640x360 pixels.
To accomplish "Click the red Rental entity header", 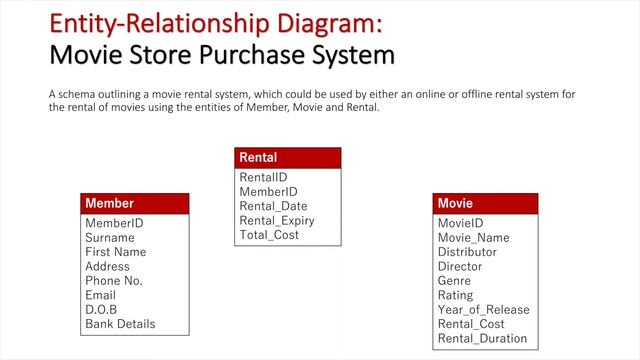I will pyautogui.click(x=287, y=158).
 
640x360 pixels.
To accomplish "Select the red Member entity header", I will pyautogui.click(x=134, y=204).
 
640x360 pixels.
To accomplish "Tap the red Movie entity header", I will pyautogui.click(x=485, y=204).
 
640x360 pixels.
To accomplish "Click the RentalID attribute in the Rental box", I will pyautogui.click(x=263, y=177).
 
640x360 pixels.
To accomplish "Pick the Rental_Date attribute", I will pyautogui.click(x=272, y=206).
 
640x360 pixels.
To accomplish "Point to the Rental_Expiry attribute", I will pyautogui.click(x=277, y=221).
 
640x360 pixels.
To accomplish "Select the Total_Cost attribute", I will pyautogui.click(x=269, y=235).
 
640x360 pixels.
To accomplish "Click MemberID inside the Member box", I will pyautogui.click(x=114, y=223).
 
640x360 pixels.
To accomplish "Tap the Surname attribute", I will pyautogui.click(x=109, y=238).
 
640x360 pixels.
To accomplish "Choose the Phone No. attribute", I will pyautogui.click(x=115, y=281).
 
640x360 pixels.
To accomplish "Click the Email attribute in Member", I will pyautogui.click(x=100, y=295).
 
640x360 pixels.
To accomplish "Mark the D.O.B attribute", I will pyautogui.click(x=101, y=310).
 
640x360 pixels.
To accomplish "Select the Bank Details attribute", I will pyautogui.click(x=120, y=324).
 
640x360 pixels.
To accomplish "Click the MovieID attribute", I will pyautogui.click(x=460, y=223).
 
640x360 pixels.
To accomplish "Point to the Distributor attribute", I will pyautogui.click(x=467, y=252).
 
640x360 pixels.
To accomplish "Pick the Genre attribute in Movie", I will pyautogui.click(x=454, y=281).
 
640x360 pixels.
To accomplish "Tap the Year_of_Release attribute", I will pyautogui.click(x=483, y=310).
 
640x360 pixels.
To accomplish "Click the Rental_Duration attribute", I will pyautogui.click(x=482, y=338).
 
